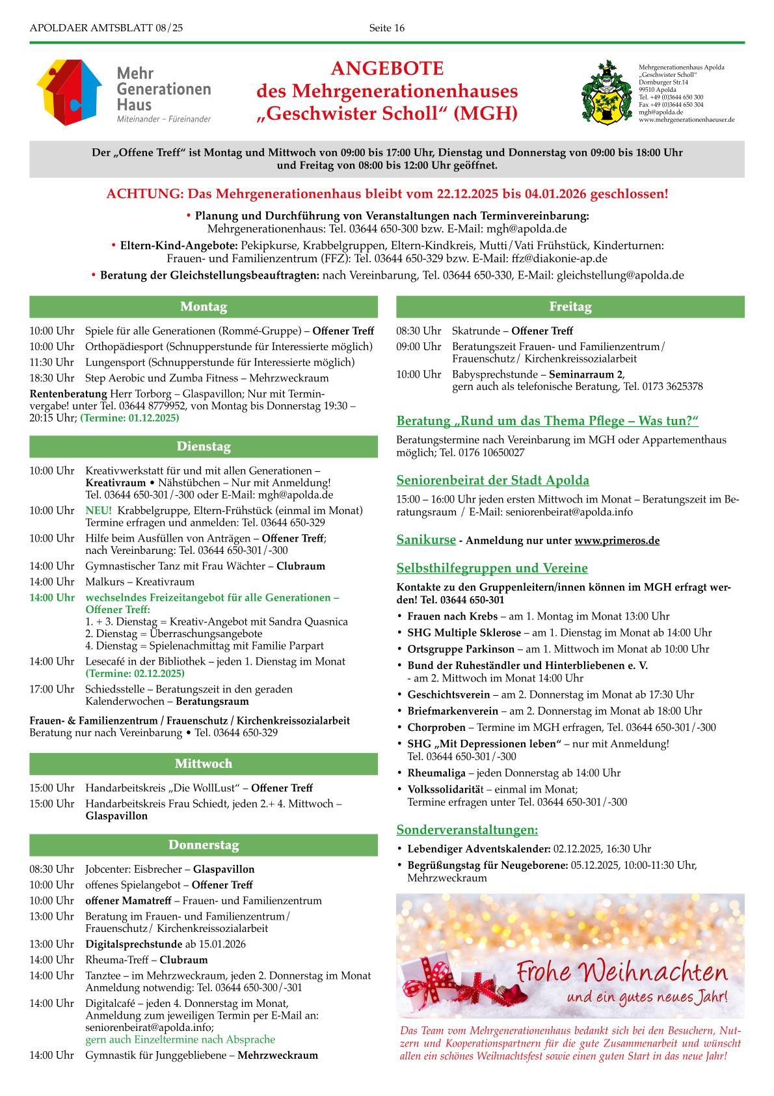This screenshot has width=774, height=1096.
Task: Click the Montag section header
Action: [203, 307]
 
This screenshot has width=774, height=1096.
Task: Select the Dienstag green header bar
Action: [203, 446]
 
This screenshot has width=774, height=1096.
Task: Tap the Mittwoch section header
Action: [203, 763]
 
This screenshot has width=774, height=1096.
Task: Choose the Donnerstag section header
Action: [203, 845]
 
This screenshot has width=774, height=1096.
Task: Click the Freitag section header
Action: [570, 307]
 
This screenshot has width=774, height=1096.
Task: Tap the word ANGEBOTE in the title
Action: [387, 68]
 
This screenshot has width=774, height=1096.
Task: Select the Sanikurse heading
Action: [426, 540]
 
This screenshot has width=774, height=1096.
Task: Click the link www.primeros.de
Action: [617, 541]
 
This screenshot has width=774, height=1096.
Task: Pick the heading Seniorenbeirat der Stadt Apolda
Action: [492, 480]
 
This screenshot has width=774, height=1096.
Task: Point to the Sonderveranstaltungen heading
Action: [467, 830]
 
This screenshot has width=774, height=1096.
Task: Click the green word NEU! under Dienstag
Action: [98, 510]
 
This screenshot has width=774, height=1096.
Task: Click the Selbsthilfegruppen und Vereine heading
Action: [492, 568]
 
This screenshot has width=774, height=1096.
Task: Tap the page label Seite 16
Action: [386, 27]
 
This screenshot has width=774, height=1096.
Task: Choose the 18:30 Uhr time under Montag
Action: [51, 378]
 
